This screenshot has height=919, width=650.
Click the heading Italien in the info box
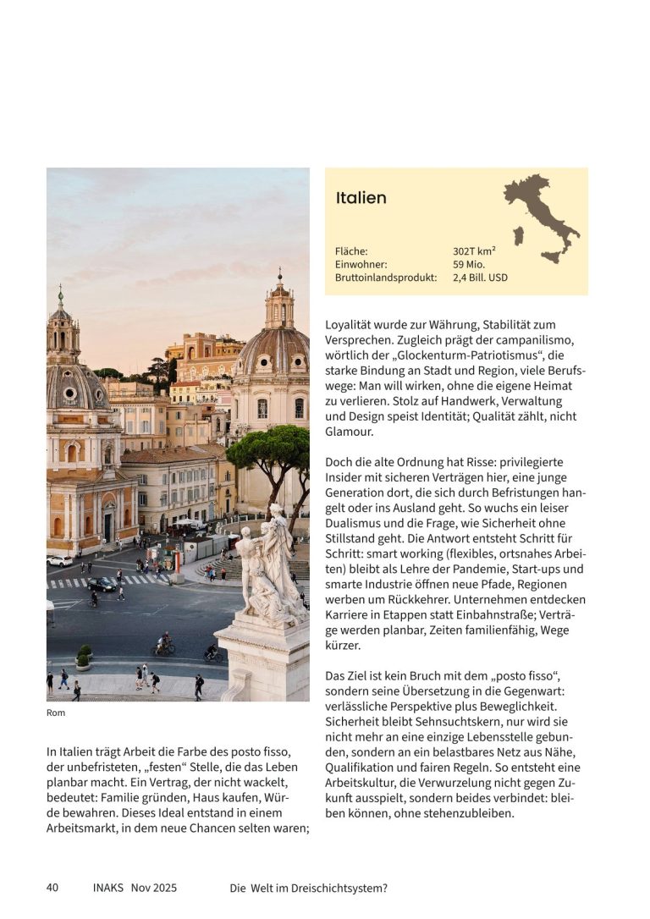point(361,198)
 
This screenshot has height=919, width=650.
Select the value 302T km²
point(474,251)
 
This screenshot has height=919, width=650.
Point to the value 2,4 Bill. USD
point(480,277)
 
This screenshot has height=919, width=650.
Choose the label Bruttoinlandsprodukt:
point(386,277)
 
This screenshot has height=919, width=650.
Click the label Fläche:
point(351,251)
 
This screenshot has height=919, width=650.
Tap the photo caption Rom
point(56,713)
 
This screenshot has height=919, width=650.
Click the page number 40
point(52,888)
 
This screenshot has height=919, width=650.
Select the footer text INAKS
point(108,888)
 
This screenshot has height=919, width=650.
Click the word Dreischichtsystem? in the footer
point(338,888)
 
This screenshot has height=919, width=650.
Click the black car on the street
point(102,584)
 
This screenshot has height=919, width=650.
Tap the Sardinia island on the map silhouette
point(518,235)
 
